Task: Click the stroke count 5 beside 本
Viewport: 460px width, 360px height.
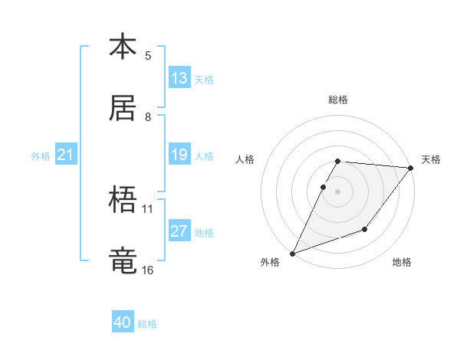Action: (148, 55)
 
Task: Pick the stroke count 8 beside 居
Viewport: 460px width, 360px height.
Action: (148, 116)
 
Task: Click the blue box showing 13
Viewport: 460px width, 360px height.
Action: (179, 78)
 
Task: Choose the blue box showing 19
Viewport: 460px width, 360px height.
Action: (179, 155)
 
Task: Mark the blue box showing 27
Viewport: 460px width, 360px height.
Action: (179, 232)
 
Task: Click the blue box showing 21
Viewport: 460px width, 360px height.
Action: (66, 155)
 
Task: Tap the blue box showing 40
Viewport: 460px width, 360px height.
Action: (123, 323)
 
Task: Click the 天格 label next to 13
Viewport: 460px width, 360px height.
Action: (204, 80)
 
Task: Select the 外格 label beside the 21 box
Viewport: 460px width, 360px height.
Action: (41, 156)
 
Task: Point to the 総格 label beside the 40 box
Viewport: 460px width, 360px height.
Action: (147, 324)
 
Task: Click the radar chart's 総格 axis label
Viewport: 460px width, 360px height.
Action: (338, 100)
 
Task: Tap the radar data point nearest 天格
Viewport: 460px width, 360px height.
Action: (411, 168)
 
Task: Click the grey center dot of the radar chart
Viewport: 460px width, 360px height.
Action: (337, 191)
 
